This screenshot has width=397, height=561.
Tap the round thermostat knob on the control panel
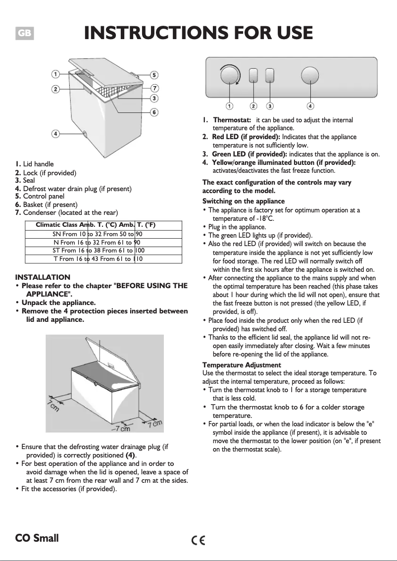230,76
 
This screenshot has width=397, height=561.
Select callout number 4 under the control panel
310,105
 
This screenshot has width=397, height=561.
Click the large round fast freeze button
310,76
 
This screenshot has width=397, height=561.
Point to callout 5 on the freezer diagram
154,75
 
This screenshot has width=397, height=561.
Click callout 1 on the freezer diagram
56,74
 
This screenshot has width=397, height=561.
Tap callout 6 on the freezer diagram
154,112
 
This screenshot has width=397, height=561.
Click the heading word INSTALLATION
43,277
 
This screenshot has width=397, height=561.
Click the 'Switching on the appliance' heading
244,201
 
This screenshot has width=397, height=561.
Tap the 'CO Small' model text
37,538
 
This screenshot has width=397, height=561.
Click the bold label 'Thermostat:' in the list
232,120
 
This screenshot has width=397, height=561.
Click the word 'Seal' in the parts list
29,180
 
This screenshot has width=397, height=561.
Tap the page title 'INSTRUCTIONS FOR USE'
198,33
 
